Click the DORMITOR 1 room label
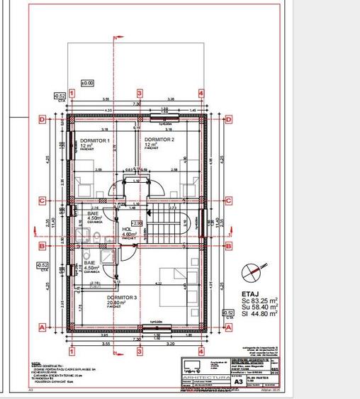(x=94, y=141)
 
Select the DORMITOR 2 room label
(x=159, y=140)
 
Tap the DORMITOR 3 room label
(x=121, y=297)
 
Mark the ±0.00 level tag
(x=86, y=83)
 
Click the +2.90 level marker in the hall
(x=136, y=223)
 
